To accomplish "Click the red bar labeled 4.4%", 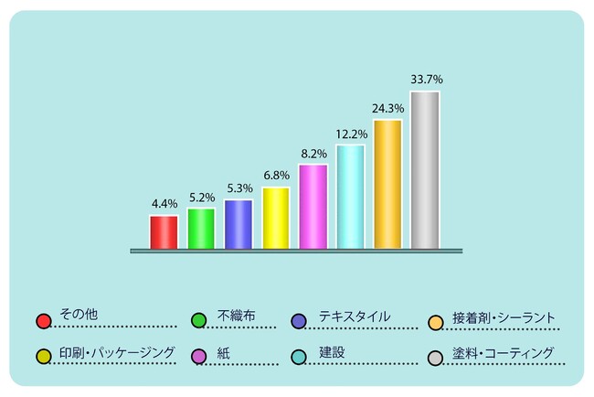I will tap(164, 231).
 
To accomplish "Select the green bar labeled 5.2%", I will tap(201, 228).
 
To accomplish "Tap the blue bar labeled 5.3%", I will tap(239, 224).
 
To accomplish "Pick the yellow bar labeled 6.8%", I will tap(276, 218).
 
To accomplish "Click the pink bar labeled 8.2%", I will tap(313, 206).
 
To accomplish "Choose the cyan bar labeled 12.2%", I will tap(350, 196).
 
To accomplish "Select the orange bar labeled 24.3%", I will tap(387, 183).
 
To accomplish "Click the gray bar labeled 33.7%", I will tap(425, 169).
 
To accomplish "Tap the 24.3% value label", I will tap(387, 109).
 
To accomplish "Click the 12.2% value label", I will tap(350, 134).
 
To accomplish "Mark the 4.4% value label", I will tap(164, 204).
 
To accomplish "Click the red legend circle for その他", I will tap(42, 320).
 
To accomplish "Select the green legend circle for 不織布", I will tap(198, 320).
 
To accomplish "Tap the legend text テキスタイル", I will tap(355, 316).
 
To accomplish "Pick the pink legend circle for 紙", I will tap(198, 355).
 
